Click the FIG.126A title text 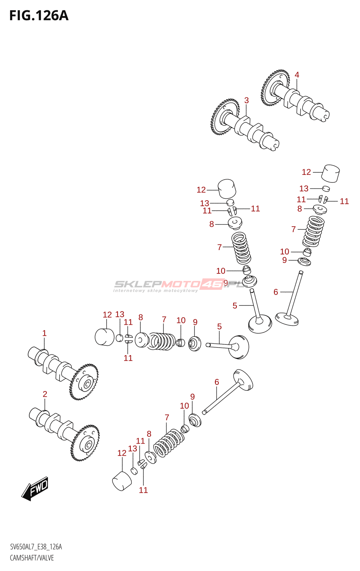pyautogui.click(x=39, y=16)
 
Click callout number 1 pyautogui.click(x=44, y=333)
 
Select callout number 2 pyautogui.click(x=45, y=394)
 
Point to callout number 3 pyautogui.click(x=246, y=101)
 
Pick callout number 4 pyautogui.click(x=297, y=75)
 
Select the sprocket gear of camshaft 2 pyautogui.click(x=86, y=443)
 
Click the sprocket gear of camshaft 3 pyautogui.click(x=224, y=117)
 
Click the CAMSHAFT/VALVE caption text pyautogui.click(x=32, y=558)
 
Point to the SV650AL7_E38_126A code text pyautogui.click(x=36, y=547)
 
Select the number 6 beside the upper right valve pyautogui.click(x=276, y=292)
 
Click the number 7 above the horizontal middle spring pyautogui.click(x=164, y=319)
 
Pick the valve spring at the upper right pyautogui.click(x=314, y=231)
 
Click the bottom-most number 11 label pyautogui.click(x=143, y=490)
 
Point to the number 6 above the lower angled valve pyautogui.click(x=217, y=382)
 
